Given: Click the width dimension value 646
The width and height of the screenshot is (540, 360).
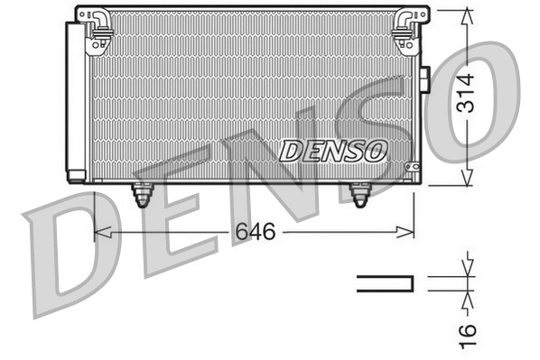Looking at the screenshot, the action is (256, 231).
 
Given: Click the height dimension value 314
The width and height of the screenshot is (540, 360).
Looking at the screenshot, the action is (465, 93).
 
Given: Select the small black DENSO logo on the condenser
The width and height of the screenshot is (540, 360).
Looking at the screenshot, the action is (332, 151).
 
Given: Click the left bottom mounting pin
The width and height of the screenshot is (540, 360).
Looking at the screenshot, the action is (142, 195).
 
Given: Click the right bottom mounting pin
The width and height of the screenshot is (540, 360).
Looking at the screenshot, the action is (360, 195).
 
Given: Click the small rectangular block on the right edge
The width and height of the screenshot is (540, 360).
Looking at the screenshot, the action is (425, 79).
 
